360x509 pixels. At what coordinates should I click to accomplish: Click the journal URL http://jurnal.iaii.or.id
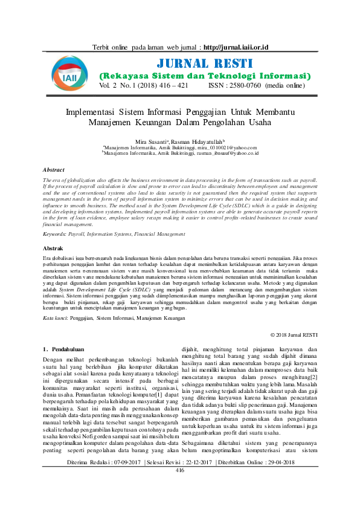click(236, 47)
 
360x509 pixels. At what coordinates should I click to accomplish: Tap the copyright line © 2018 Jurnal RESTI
click(294, 334)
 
